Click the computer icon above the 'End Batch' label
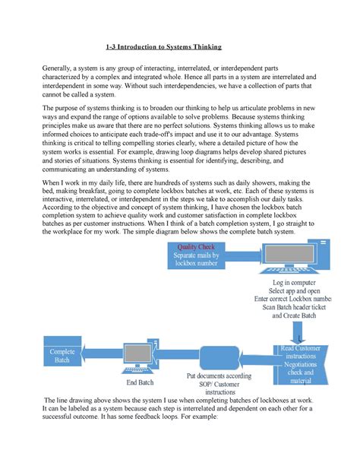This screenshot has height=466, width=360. [141, 354]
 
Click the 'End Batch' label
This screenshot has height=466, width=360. [141, 383]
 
